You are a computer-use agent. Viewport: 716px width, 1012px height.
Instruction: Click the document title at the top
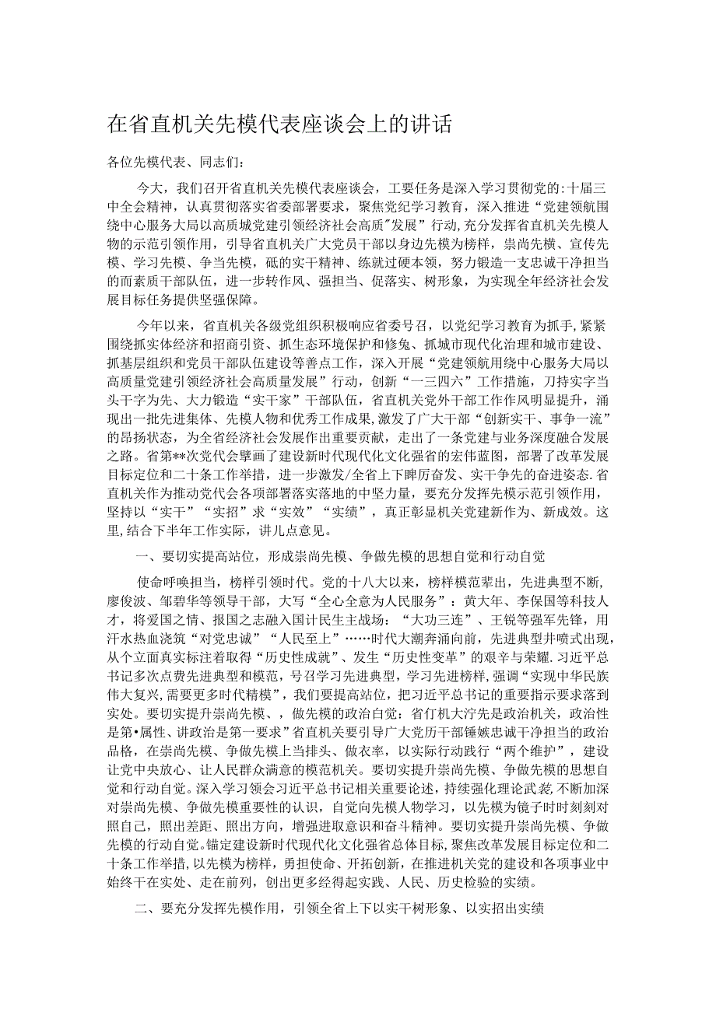tap(282, 124)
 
